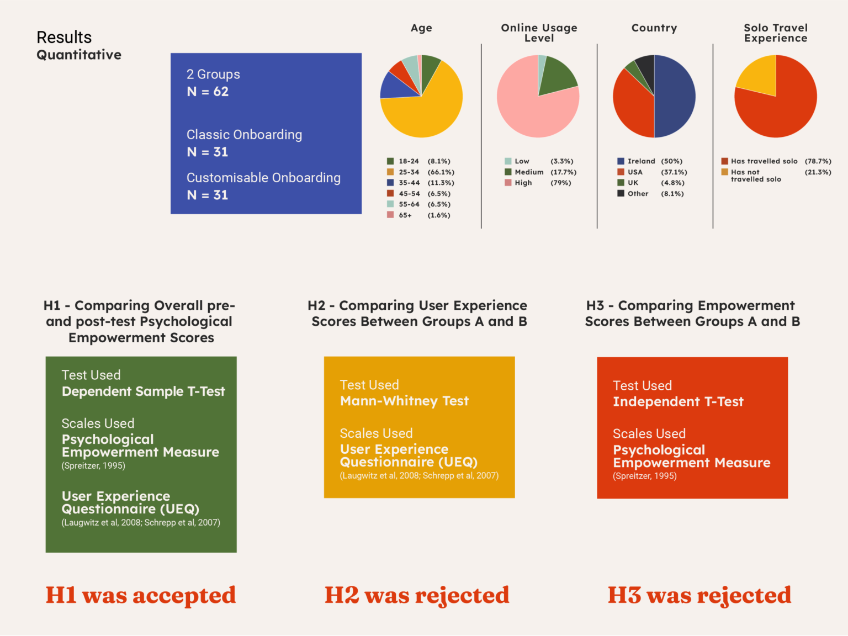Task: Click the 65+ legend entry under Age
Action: pos(405,215)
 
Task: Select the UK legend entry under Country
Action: pos(633,183)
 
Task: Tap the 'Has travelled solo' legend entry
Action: pos(764,161)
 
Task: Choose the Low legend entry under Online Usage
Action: pos(522,161)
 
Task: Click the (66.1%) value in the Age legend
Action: pos(441,172)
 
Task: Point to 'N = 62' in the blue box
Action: pos(208,92)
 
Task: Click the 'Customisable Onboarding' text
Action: pos(263,178)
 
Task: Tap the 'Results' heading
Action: pos(64,38)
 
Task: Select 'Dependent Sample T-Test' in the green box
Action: pos(144,391)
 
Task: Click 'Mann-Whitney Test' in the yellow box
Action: pos(404,401)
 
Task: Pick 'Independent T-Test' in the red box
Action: pos(678,401)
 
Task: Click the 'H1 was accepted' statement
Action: pos(141,595)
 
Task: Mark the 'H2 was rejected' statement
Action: pos(417,595)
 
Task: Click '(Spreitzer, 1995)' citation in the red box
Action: pos(644,476)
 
